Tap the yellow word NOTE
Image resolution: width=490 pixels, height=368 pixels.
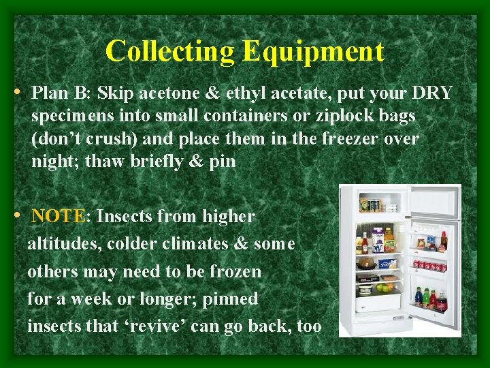tap(59, 217)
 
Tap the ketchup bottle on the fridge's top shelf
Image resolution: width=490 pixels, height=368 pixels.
tap(365, 243)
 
